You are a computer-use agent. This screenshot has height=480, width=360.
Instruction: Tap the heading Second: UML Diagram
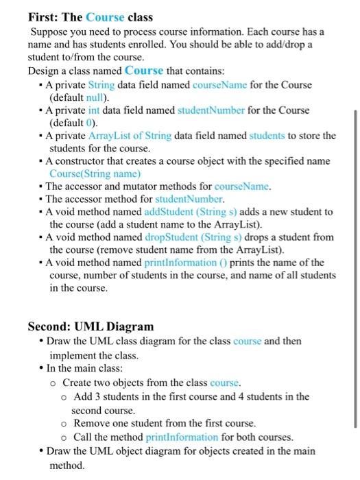91,326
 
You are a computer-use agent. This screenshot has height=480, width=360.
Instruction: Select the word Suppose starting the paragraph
51,32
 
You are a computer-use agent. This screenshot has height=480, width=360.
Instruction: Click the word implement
73,356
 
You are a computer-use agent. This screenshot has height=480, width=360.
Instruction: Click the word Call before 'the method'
84,437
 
